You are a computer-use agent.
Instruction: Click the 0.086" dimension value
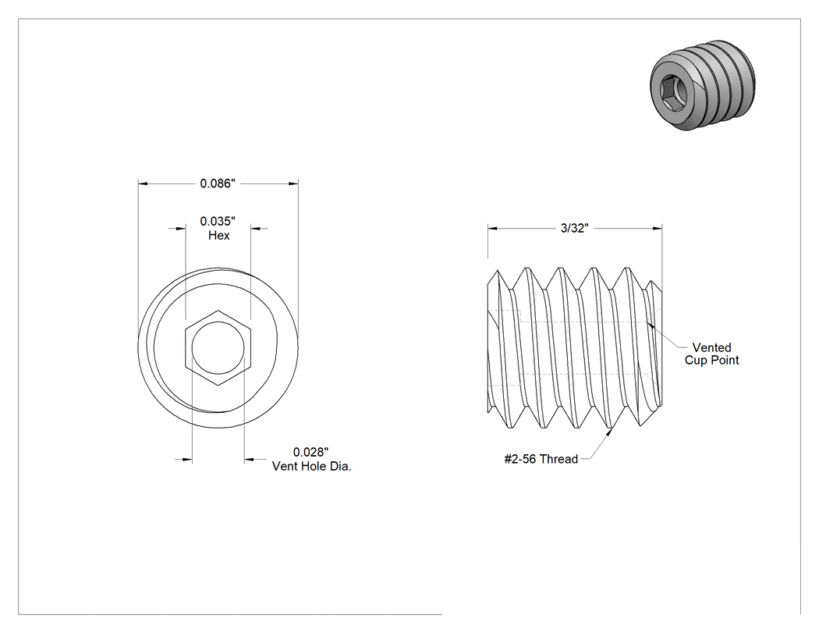[218, 183]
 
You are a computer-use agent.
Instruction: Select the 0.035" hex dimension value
[218, 221]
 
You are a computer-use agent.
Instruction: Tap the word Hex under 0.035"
[219, 235]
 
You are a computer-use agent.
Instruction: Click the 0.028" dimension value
[310, 452]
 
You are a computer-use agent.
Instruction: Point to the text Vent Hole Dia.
[312, 466]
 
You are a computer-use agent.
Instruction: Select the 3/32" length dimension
[575, 228]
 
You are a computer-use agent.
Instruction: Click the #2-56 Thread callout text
[541, 459]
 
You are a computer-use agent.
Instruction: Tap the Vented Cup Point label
[712, 354]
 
